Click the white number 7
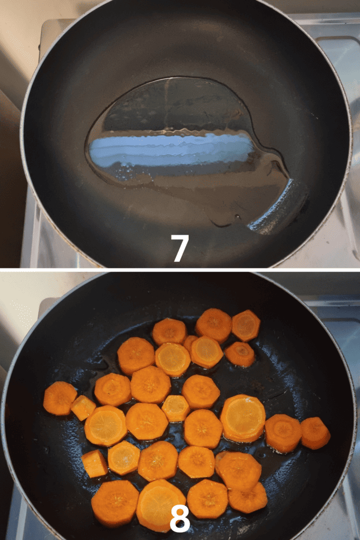(x=180, y=248)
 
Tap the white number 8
(x=180, y=519)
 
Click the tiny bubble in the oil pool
(x=237, y=217)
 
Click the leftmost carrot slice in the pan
(x=60, y=398)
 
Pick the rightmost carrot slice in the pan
(x=315, y=433)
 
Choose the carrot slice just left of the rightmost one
(x=283, y=433)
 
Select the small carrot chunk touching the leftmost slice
(x=83, y=408)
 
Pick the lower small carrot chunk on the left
(x=95, y=464)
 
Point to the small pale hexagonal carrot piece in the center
(x=176, y=409)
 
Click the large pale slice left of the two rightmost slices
(x=243, y=418)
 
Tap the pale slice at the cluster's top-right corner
(x=246, y=325)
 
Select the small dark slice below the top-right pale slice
(x=240, y=354)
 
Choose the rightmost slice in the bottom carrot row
(x=248, y=498)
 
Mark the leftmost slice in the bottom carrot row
(x=115, y=503)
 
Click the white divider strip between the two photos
(x=180, y=269)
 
